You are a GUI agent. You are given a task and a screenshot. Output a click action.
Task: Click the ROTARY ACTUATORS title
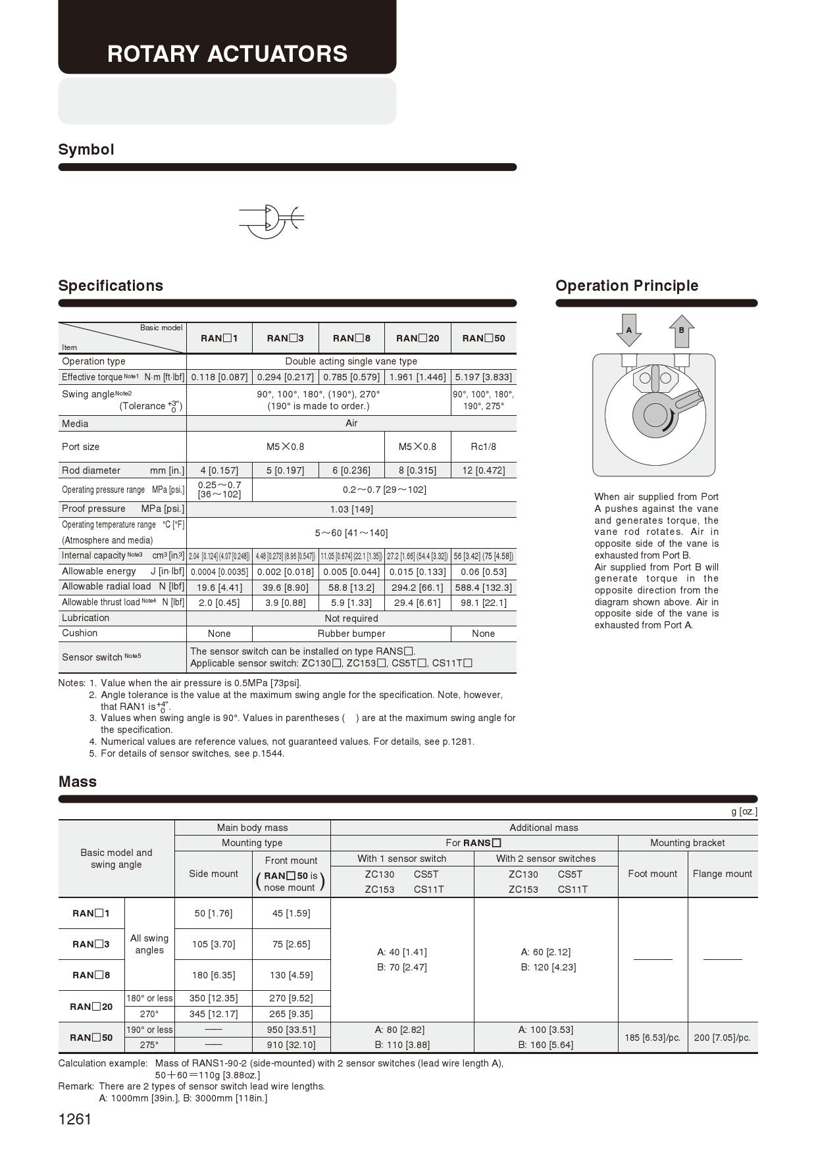pyautogui.click(x=227, y=54)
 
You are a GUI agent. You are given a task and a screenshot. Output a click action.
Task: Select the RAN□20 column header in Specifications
pyautogui.click(x=417, y=338)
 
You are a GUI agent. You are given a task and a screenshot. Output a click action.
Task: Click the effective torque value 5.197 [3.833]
pyautogui.click(x=483, y=377)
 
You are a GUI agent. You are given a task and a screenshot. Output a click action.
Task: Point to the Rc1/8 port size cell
pyautogui.click(x=483, y=447)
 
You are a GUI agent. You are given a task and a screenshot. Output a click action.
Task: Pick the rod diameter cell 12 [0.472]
pyautogui.click(x=483, y=470)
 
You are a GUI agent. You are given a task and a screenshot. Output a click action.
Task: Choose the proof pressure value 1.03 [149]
pyautogui.click(x=351, y=509)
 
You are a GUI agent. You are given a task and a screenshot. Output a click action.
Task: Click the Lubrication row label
pyautogui.click(x=86, y=618)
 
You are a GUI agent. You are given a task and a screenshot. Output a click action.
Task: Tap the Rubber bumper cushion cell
pyautogui.click(x=351, y=634)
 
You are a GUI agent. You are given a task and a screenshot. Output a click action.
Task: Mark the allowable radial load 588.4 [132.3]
pyautogui.click(x=483, y=588)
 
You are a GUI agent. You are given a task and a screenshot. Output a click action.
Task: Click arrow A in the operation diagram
pyautogui.click(x=628, y=330)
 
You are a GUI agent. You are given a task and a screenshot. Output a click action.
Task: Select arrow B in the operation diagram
pyautogui.click(x=681, y=330)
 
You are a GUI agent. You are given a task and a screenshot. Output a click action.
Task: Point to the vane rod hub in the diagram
pyautogui.click(x=655, y=415)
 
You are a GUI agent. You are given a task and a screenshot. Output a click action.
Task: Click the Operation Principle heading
pyautogui.click(x=626, y=286)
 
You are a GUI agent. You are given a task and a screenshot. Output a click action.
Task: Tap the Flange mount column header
pyautogui.click(x=722, y=874)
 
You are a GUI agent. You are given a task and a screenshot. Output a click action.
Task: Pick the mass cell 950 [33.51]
pyautogui.click(x=291, y=1030)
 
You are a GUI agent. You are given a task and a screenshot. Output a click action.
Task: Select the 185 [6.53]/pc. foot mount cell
pyautogui.click(x=652, y=1038)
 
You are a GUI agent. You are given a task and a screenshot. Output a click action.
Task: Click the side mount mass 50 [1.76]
pyautogui.click(x=213, y=913)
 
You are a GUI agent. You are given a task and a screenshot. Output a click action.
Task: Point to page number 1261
pyautogui.click(x=75, y=1119)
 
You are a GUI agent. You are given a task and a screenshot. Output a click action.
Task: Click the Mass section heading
pyautogui.click(x=78, y=782)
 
